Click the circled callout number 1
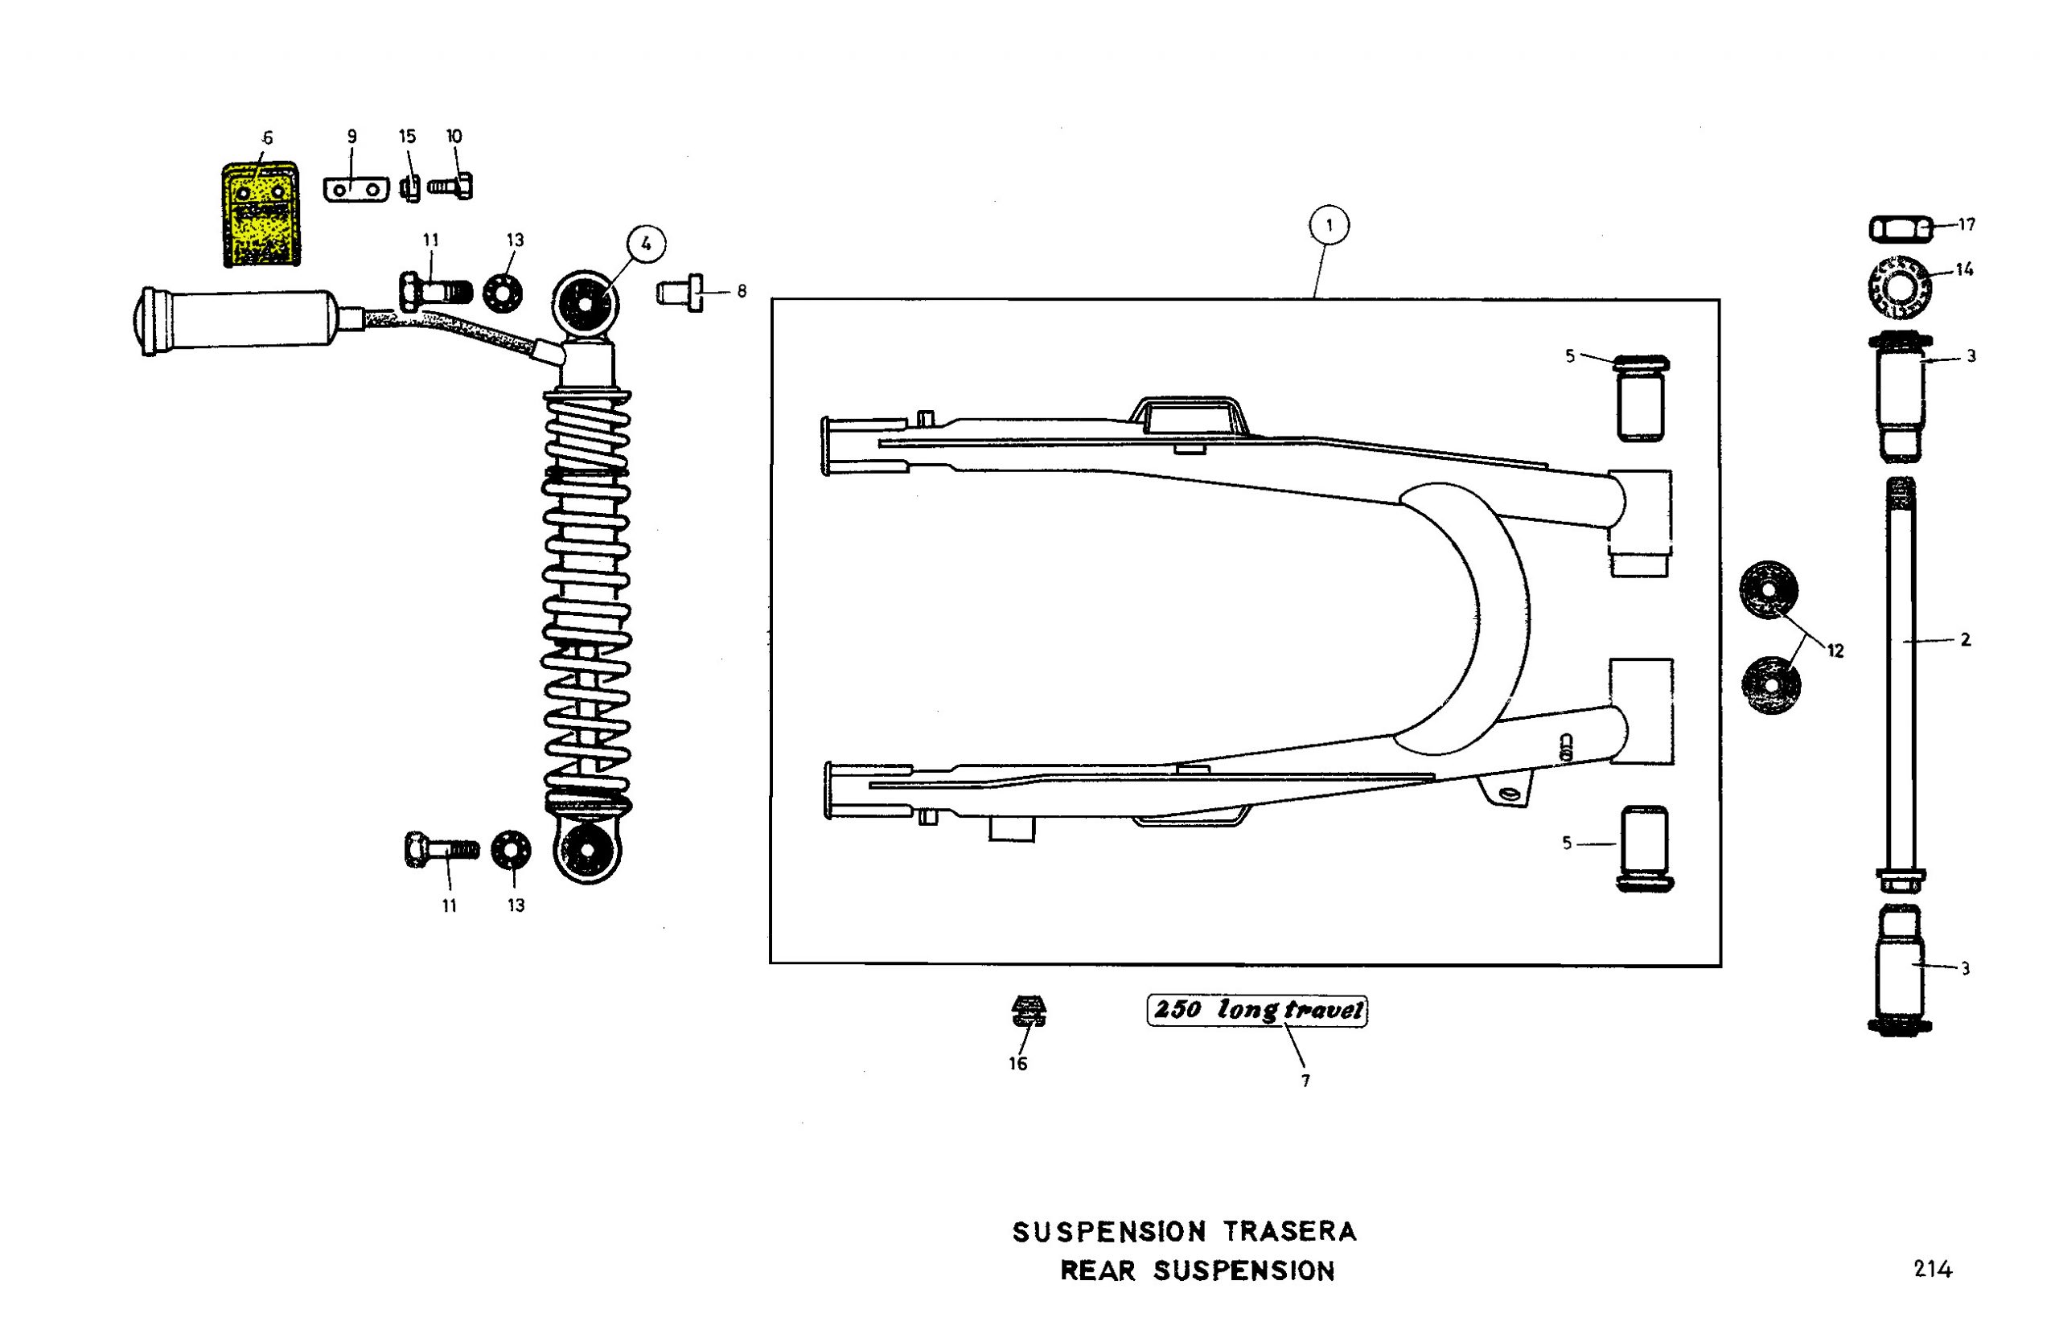point(1329,227)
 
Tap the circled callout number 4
point(645,244)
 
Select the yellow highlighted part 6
point(258,215)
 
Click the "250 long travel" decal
point(1256,1011)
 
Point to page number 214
point(1932,1269)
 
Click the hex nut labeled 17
point(1899,229)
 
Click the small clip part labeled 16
point(1028,1010)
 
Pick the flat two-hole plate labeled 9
point(355,190)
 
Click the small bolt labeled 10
point(450,186)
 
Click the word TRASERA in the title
point(1289,1230)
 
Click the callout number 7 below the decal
point(1305,1080)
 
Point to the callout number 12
point(1835,651)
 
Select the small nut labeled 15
point(410,187)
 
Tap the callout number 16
point(1017,1063)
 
